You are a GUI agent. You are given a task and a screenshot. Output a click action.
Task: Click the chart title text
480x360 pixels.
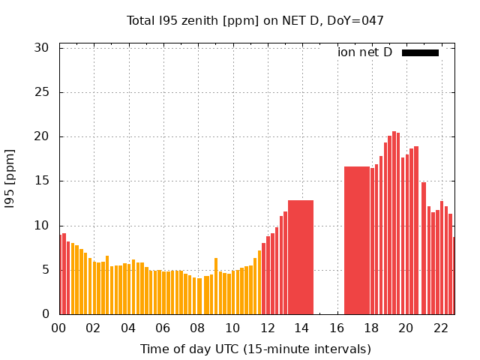(255, 20)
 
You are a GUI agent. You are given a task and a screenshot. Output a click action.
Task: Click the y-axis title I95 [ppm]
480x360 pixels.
(10, 179)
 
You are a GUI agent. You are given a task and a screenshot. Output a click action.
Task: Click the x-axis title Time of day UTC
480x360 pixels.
(255, 349)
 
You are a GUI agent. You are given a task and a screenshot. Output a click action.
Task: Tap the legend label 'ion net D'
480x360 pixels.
(364, 52)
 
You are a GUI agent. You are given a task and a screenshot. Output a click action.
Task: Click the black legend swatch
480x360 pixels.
(420, 52)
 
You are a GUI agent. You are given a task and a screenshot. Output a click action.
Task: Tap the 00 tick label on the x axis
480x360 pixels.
(59, 328)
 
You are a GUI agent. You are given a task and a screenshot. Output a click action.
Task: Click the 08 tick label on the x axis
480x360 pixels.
(198, 328)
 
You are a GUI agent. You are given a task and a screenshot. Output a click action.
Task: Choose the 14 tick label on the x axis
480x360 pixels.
(302, 328)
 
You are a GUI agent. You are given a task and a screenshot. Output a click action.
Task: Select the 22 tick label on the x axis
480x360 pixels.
(441, 328)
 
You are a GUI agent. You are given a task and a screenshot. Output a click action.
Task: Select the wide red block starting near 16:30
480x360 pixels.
(357, 240)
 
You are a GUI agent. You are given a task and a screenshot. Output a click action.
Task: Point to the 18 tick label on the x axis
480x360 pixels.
(371, 328)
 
